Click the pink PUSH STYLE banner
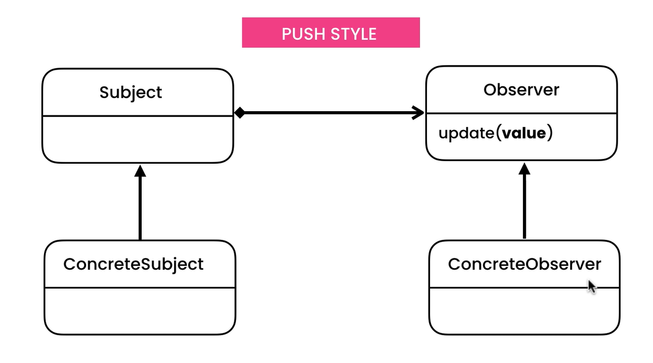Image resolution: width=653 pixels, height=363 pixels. [x=331, y=33]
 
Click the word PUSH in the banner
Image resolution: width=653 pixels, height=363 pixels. [x=303, y=34]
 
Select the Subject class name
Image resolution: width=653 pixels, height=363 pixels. [x=131, y=93]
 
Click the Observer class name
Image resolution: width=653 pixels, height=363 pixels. [x=521, y=90]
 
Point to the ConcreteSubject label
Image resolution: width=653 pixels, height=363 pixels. [x=133, y=265]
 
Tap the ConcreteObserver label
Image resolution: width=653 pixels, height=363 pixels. [x=524, y=264]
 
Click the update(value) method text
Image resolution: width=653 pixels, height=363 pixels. [x=496, y=133]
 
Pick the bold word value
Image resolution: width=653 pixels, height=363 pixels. [x=524, y=133]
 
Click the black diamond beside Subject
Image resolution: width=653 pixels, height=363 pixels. [x=240, y=113]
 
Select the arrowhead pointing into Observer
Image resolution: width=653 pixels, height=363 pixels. [x=418, y=113]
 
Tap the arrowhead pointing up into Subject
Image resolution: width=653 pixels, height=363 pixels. [x=140, y=171]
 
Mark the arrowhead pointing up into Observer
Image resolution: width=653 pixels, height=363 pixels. [x=524, y=169]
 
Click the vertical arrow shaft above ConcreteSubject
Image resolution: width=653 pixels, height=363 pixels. [x=140, y=208]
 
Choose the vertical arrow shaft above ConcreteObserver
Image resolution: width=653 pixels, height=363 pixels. [x=524, y=207]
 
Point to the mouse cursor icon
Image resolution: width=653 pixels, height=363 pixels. [x=592, y=287]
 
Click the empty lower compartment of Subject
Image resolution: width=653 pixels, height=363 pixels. [x=137, y=140]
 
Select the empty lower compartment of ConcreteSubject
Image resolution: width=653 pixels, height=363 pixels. [x=140, y=311]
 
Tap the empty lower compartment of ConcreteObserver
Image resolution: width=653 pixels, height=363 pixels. [x=524, y=311]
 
